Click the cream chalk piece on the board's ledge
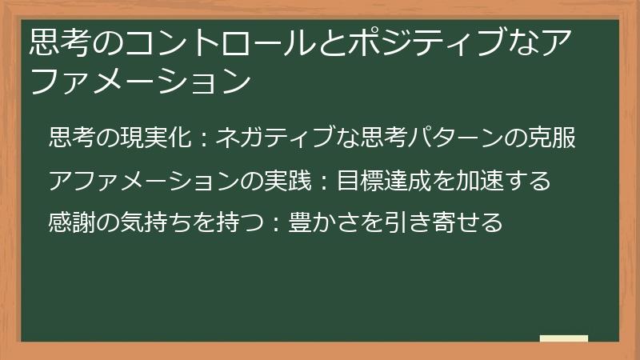(x=564, y=338)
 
